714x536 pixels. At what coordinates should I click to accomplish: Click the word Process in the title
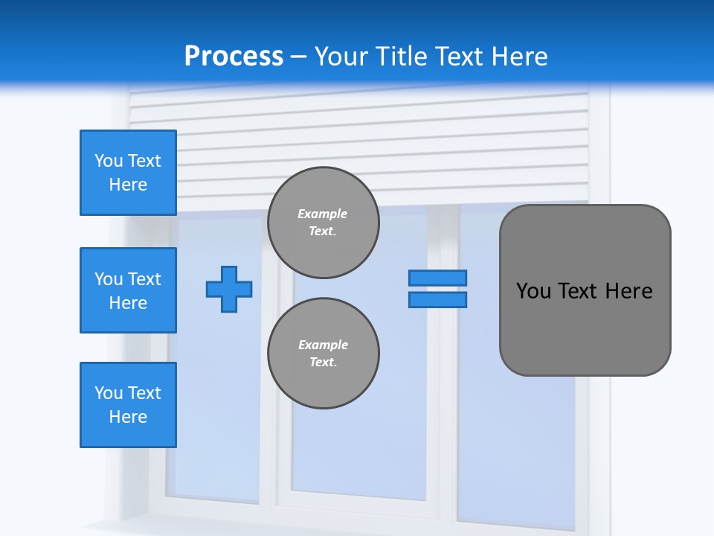click(234, 56)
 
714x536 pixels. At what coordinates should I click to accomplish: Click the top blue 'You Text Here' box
click(128, 173)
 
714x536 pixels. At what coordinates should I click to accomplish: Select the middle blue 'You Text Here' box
click(128, 290)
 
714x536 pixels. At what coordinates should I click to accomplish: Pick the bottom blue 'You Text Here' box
click(128, 405)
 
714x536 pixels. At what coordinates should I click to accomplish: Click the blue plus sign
click(229, 289)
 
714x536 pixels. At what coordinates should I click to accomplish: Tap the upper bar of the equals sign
click(437, 278)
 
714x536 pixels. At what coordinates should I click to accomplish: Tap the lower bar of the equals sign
click(437, 299)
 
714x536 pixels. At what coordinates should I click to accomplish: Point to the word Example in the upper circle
click(323, 214)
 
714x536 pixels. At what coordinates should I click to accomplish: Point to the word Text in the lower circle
click(322, 362)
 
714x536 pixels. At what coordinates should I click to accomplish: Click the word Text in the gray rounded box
click(576, 291)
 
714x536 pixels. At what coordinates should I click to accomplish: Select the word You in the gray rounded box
click(533, 291)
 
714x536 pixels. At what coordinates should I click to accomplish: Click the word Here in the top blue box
click(128, 185)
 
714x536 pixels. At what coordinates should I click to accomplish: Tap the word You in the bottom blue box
click(109, 393)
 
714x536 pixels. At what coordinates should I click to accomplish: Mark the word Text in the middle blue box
click(144, 279)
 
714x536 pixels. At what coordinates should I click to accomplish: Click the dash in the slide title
click(298, 57)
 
